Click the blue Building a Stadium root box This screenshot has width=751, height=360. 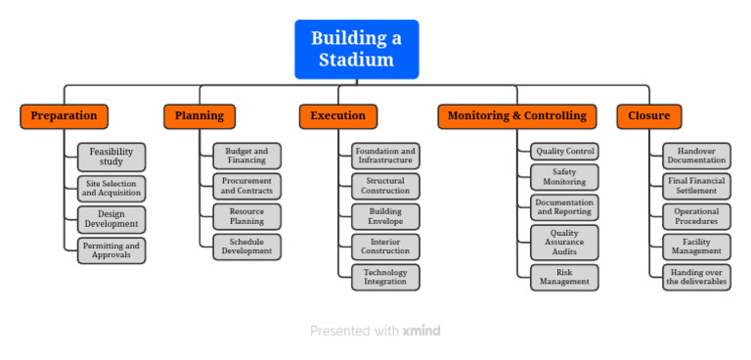pyautogui.click(x=356, y=49)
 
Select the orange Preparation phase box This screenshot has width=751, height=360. pyautogui.click(x=64, y=116)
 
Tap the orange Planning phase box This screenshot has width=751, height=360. pyautogui.click(x=199, y=116)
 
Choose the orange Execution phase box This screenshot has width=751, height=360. pyautogui.click(x=337, y=116)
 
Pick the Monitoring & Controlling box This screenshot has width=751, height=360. pyautogui.click(x=516, y=116)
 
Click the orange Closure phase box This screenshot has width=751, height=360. pyautogui.click(x=648, y=116)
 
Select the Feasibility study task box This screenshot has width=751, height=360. pyautogui.click(x=111, y=157)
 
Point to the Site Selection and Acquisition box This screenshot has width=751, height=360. pyautogui.click(x=111, y=188)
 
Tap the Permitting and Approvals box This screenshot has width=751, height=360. pyautogui.click(x=111, y=250)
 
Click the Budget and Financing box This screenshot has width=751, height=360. pyautogui.click(x=246, y=157)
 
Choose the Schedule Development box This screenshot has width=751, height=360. pyautogui.click(x=246, y=247)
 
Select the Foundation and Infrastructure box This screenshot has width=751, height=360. pyautogui.click(x=385, y=157)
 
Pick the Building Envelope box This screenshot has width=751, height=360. pyautogui.click(x=385, y=216)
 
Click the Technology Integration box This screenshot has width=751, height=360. pyautogui.click(x=385, y=277)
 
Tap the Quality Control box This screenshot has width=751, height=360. pyautogui.click(x=564, y=152)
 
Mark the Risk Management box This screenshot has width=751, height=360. pyautogui.click(x=564, y=277)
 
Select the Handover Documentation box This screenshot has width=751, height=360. pyautogui.click(x=696, y=157)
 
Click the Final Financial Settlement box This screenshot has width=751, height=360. pyautogui.click(x=696, y=186)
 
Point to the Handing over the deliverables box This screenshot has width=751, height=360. pyautogui.click(x=696, y=277)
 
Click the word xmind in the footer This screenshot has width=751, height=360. pyautogui.click(x=421, y=332)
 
